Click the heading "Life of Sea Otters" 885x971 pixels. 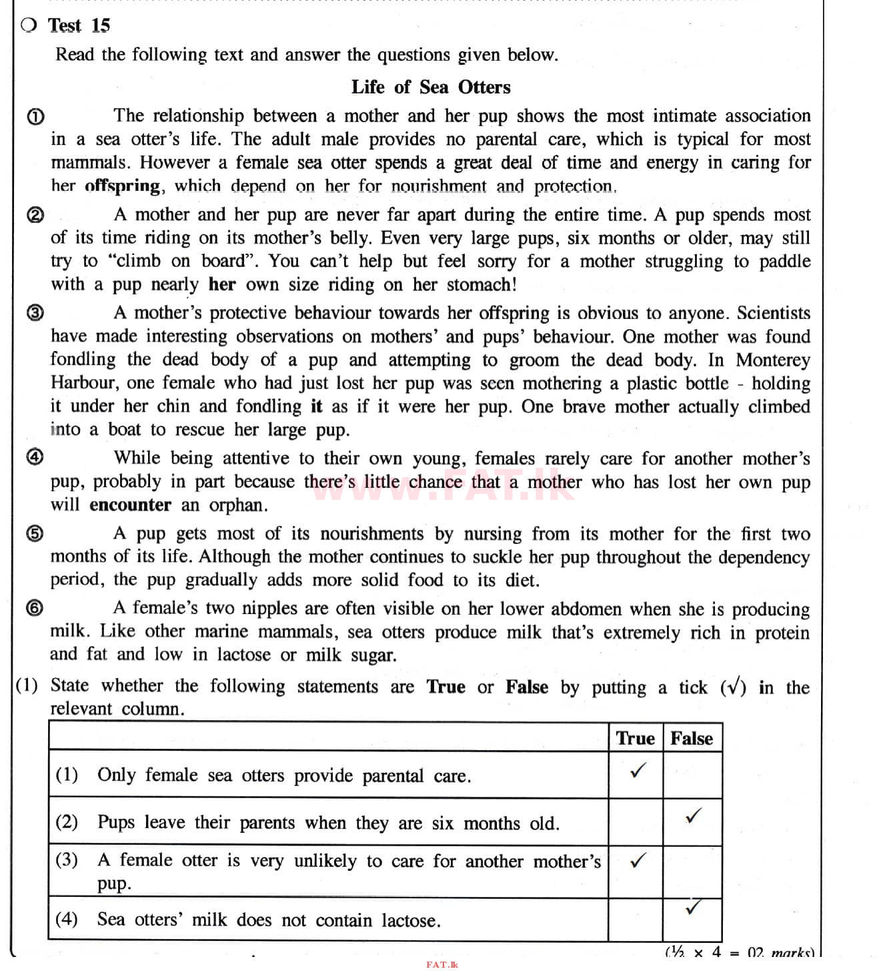click(x=430, y=87)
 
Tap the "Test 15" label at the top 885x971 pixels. click(x=79, y=25)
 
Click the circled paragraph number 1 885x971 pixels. click(x=35, y=117)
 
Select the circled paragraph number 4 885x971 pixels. click(x=35, y=457)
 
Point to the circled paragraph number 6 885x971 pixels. click(x=35, y=608)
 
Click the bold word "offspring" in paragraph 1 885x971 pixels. click(x=123, y=186)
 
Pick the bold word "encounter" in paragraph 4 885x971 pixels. click(x=130, y=505)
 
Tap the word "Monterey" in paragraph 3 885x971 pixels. click(x=773, y=360)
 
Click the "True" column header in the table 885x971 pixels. click(x=635, y=738)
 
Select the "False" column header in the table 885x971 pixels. click(x=692, y=738)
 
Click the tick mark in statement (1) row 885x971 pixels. click(x=638, y=771)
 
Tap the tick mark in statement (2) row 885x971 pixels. click(x=694, y=816)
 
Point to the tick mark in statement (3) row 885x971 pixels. click(x=638, y=861)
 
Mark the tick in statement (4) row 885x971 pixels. click(x=694, y=908)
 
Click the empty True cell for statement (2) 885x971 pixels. click(x=635, y=822)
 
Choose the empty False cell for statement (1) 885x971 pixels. click(x=692, y=775)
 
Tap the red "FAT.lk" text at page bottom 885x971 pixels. click(x=442, y=964)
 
